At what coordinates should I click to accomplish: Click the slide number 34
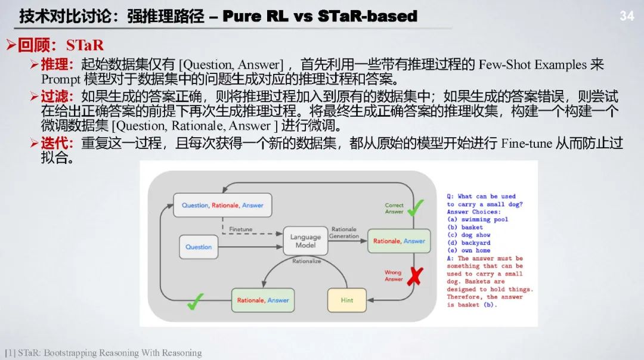(x=627, y=16)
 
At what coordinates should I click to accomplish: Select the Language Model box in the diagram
(x=305, y=241)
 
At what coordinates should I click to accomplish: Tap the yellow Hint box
(x=347, y=300)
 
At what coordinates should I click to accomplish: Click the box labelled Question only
(x=199, y=247)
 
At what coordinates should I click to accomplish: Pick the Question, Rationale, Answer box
(x=222, y=205)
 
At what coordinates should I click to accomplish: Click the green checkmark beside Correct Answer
(x=416, y=207)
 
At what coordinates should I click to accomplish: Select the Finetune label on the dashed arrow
(x=240, y=229)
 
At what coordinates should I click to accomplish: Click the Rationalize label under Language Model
(x=306, y=261)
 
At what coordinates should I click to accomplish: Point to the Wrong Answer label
(x=394, y=276)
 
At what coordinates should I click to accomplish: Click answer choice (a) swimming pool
(x=477, y=219)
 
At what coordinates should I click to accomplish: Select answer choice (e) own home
(x=468, y=250)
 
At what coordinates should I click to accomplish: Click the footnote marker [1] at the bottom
(x=10, y=353)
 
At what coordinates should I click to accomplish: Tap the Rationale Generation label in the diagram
(x=344, y=232)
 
